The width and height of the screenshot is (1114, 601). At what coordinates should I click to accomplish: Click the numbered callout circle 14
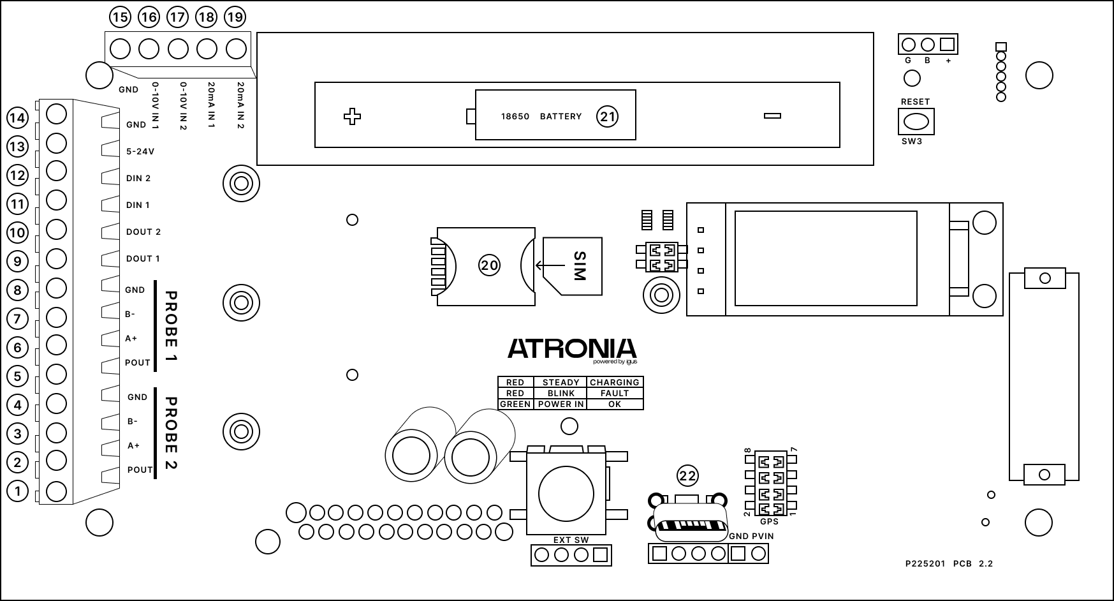point(17,118)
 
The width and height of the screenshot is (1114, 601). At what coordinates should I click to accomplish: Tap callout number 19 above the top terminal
point(235,17)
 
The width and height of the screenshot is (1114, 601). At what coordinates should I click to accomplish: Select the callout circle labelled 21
point(607,116)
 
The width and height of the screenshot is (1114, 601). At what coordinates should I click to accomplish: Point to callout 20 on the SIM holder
point(489,265)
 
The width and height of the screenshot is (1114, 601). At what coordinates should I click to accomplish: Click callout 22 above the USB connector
point(687,475)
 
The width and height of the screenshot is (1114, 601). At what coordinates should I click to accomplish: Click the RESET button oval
point(916,121)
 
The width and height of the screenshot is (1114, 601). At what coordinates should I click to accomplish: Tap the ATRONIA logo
point(572,349)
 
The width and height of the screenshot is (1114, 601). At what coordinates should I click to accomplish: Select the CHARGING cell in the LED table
point(615,382)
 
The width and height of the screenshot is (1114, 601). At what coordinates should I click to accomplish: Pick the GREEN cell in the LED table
point(515,404)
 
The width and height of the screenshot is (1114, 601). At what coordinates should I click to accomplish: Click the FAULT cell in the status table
point(615,393)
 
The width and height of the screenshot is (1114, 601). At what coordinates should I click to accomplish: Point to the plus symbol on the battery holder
point(352,116)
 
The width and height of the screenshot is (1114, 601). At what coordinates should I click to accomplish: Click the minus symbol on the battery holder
point(772,115)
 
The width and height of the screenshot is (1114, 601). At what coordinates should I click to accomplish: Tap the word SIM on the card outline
point(579,266)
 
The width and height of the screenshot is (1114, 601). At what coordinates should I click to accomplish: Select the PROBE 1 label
point(171,326)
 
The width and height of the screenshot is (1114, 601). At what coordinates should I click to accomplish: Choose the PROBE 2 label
point(171,433)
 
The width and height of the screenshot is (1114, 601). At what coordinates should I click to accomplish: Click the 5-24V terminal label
point(140,152)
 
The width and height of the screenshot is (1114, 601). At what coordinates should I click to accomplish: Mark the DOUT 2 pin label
point(143,232)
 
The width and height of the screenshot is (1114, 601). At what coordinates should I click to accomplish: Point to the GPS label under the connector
point(769,521)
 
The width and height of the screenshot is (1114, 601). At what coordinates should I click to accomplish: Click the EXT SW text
point(571,540)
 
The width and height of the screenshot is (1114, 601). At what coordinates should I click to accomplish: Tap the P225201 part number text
point(925,563)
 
